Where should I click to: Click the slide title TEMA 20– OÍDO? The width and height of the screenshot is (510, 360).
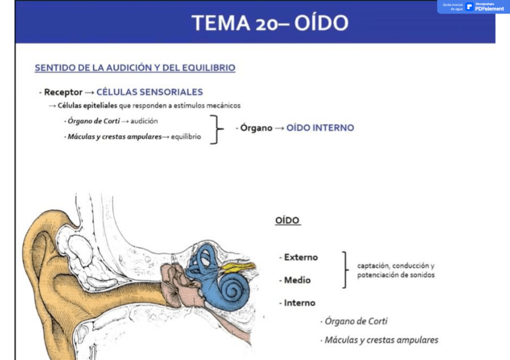pos(269,23)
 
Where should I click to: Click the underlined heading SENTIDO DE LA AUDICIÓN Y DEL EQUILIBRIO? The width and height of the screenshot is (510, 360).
pos(135,68)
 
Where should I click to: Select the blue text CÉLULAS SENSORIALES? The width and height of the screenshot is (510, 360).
pos(149,92)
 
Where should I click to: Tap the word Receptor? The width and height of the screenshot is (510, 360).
pos(63,93)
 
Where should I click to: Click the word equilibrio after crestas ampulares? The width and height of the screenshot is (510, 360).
pos(186,136)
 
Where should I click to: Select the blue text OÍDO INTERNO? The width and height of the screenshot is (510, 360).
pos(320,128)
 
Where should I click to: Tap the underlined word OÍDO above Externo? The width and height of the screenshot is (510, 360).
pos(287,221)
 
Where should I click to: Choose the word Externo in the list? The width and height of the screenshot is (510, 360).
pos(301,257)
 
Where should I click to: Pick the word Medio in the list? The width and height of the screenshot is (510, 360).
pos(297,280)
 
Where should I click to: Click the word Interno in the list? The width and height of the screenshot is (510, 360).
pos(300,303)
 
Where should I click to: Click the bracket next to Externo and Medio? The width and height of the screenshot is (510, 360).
pos(345,269)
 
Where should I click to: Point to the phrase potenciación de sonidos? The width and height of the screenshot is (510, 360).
pos(395,275)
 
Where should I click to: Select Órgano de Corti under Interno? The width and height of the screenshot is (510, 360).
pos(355,321)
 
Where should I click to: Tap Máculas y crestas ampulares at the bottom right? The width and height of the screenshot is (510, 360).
pos(381,340)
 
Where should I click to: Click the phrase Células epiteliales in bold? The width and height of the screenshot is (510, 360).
pos(87,106)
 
